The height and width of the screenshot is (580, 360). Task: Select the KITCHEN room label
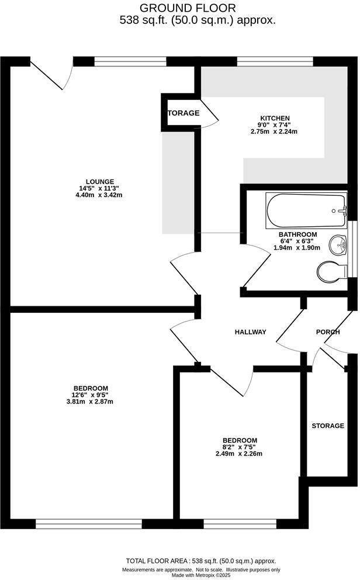[275, 118]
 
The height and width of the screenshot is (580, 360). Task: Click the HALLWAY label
[250, 332]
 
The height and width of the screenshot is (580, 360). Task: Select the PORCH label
[328, 332]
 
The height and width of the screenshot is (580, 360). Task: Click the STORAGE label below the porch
[327, 426]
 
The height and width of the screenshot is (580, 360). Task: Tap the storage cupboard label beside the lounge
[184, 113]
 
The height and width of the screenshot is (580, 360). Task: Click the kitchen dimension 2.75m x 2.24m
[275, 132]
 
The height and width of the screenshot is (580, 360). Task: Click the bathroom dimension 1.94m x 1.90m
[297, 248]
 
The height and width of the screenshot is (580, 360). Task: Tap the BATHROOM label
[297, 234]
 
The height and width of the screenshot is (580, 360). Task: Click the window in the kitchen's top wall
[275, 61]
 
